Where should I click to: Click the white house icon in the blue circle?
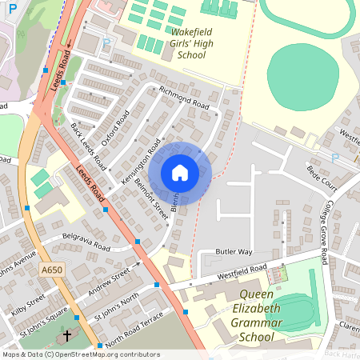(x=180, y=173)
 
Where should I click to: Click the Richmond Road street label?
(x=184, y=98)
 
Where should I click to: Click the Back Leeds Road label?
(x=89, y=144)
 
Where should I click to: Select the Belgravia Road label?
(x=86, y=242)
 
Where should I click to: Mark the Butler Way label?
(x=235, y=251)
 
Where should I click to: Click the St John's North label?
(x=118, y=307)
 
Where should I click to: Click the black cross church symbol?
(x=67, y=336)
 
